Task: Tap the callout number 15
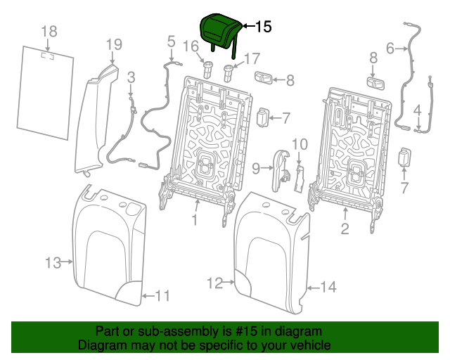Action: pos(262,27)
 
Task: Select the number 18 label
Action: pos(49,31)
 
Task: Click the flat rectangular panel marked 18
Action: pos(44,89)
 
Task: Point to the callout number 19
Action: pos(114,46)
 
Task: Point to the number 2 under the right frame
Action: pos(345,228)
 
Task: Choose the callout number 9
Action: pos(256,167)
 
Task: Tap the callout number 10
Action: pos(300,144)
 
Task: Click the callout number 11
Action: pos(162,296)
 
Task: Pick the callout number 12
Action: pos(215,283)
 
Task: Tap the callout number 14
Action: pos(328,286)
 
